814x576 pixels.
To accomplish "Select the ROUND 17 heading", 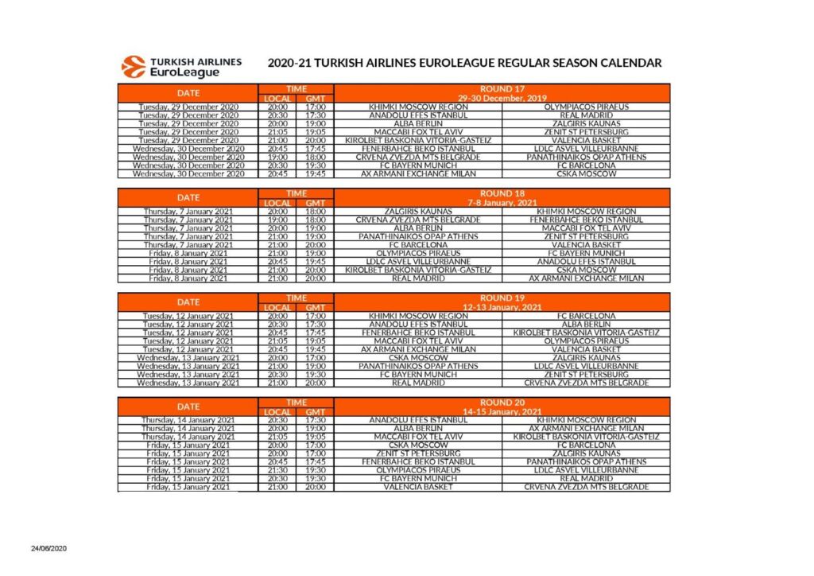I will click(x=502, y=89).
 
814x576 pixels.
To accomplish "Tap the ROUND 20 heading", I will click(x=502, y=403).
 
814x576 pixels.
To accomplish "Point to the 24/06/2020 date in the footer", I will click(x=50, y=549).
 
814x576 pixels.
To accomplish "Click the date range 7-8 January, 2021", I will click(x=502, y=203).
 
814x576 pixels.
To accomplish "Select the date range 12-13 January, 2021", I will click(x=502, y=307).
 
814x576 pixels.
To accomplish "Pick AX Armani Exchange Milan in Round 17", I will click(x=418, y=173).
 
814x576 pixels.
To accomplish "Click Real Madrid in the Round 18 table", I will click(x=418, y=278).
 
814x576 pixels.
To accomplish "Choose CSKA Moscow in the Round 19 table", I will click(x=418, y=358).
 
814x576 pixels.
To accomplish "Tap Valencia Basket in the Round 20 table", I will click(x=418, y=487).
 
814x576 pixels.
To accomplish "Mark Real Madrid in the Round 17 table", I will click(x=586, y=115).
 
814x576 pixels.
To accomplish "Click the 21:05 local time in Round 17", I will click(x=277, y=131).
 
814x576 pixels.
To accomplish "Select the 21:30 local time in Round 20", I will click(x=277, y=470).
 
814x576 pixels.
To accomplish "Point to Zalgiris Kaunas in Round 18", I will click(x=418, y=212).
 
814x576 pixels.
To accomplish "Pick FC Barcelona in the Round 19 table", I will click(x=586, y=316).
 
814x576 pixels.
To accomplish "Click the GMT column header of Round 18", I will click(x=315, y=203).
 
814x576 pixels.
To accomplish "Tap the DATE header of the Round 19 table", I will click(x=188, y=302).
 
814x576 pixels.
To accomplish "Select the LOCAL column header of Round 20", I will click(x=277, y=411).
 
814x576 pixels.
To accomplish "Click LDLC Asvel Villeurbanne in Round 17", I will click(x=586, y=148).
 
